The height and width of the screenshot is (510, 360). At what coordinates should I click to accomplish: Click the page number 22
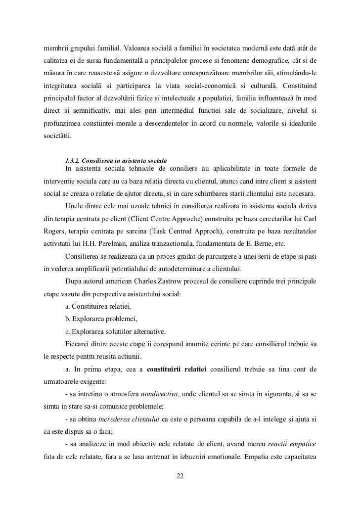180,476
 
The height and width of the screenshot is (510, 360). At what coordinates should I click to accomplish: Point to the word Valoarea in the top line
140,48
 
